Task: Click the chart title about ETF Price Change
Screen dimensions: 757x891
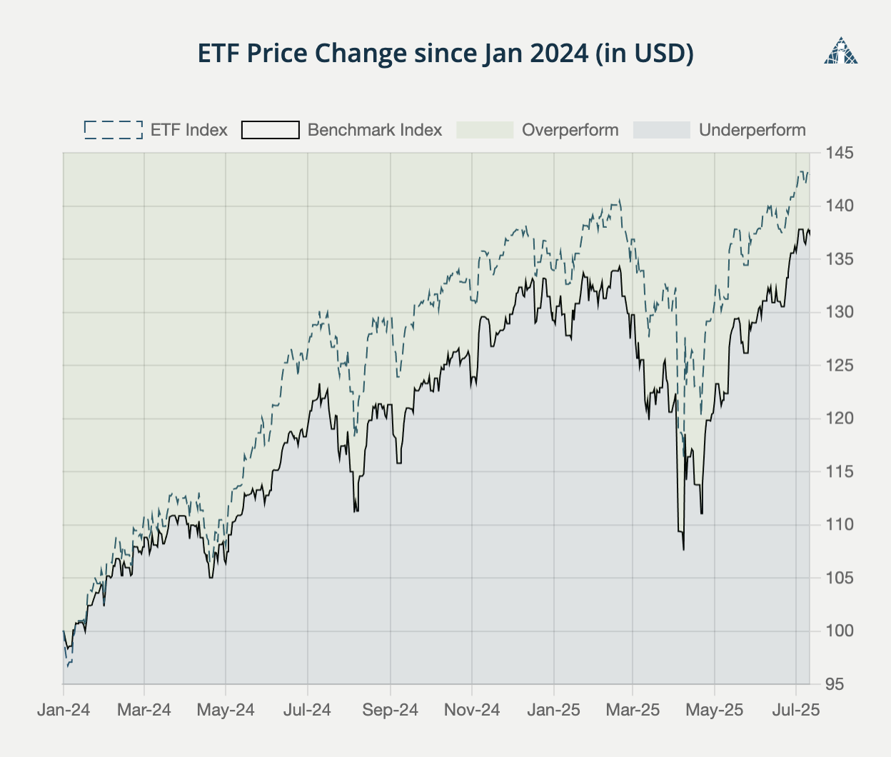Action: coord(445,54)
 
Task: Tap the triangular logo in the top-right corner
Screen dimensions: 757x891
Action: coord(840,51)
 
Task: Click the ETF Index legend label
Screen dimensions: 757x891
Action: coord(188,130)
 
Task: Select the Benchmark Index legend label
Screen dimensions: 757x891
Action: coord(374,130)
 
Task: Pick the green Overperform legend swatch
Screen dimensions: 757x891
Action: coord(485,130)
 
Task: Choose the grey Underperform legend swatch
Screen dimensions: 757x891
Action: coord(662,130)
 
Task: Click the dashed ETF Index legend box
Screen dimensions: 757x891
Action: coord(114,130)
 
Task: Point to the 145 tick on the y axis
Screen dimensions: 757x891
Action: coord(840,153)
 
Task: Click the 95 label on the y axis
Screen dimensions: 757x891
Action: coord(835,684)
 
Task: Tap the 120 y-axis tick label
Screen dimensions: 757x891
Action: coord(840,418)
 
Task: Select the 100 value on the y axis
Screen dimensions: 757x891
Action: coord(840,631)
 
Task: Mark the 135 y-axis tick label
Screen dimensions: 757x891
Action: coord(840,259)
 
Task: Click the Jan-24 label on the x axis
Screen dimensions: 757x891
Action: coord(64,710)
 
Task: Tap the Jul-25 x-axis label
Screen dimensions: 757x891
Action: coord(796,710)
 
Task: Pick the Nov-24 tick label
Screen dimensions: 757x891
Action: coord(472,710)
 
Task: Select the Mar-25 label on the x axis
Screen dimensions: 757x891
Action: coord(633,710)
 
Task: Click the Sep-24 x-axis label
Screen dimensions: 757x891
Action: coord(391,710)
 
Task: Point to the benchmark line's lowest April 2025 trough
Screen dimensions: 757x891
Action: coord(683,549)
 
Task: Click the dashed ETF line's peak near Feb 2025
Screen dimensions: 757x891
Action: coord(619,200)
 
